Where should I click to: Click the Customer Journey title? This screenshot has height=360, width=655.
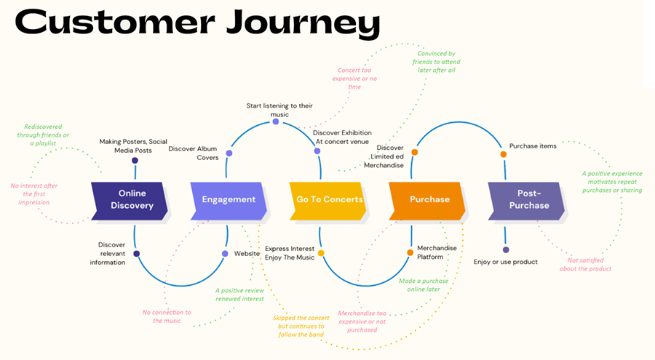pos(196,25)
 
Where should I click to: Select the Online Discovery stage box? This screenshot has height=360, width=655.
pos(128,199)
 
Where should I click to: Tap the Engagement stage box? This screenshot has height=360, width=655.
pos(229,199)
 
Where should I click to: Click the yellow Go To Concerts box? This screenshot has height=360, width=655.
pos(328,199)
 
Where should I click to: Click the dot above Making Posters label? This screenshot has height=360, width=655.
pos(135,161)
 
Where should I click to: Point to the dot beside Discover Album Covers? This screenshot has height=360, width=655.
pos(229,153)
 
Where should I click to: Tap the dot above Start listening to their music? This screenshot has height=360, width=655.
pos(276,121)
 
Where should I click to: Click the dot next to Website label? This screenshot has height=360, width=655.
pos(226,254)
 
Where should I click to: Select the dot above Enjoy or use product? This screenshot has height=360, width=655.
pos(506,249)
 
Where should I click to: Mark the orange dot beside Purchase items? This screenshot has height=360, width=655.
pos(503,154)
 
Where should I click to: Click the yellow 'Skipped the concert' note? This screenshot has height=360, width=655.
pos(303,326)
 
